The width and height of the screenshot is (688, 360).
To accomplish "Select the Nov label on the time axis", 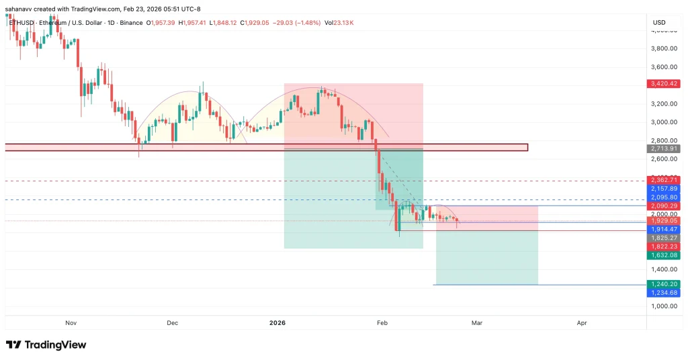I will pos(71,323).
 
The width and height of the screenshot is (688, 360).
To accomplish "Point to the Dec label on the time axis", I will pos(173,323).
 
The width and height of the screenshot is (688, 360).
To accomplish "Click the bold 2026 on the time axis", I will pos(277,323).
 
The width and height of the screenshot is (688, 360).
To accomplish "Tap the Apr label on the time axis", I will pos(582,323).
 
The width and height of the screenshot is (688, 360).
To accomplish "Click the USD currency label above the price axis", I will pos(658,23).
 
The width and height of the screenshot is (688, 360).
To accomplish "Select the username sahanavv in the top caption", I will pos(21,9).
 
